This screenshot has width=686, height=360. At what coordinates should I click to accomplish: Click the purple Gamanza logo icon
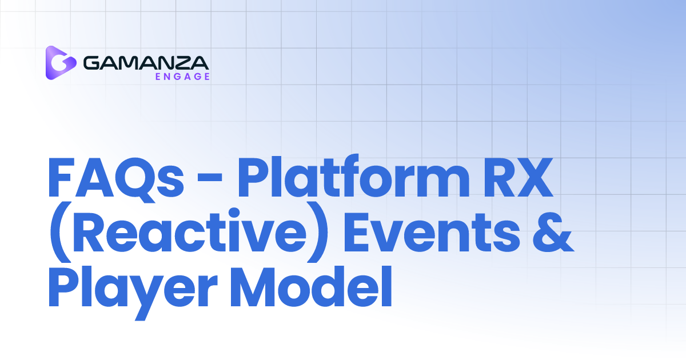coord(61,62)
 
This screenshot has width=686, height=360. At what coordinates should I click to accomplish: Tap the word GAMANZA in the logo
coord(146,61)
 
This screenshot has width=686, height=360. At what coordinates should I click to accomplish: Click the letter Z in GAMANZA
coord(182,61)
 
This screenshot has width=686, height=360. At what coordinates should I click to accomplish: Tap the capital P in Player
coord(62,289)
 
